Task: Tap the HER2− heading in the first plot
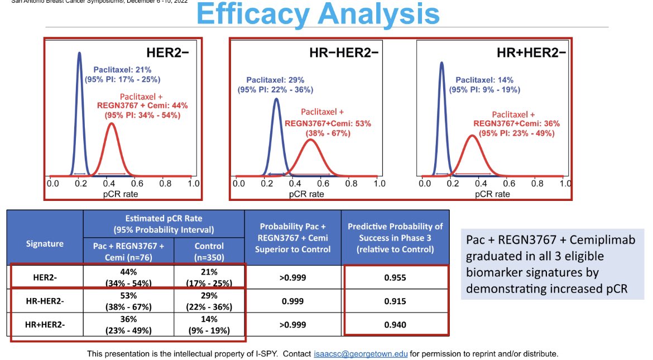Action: pos(169,53)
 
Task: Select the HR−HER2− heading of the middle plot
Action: pos(344,53)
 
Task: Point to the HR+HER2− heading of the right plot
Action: pos(531,53)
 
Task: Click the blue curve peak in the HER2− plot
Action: pos(79,54)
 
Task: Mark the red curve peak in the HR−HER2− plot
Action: pos(310,140)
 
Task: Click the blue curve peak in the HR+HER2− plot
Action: pos(441,63)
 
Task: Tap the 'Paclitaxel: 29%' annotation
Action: pos(274,80)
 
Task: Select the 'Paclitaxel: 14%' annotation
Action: pos(484,80)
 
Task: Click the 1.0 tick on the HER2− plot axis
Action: pos(193,183)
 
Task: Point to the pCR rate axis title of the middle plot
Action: pos(306,194)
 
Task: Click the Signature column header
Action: pos(45,243)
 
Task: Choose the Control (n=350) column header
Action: pos(209,251)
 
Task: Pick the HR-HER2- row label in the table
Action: pos(45,301)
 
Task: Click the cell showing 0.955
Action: pos(395,277)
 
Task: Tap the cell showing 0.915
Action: pos(395,301)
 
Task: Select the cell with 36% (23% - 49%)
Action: pos(128,324)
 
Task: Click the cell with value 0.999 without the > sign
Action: pos(292,301)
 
